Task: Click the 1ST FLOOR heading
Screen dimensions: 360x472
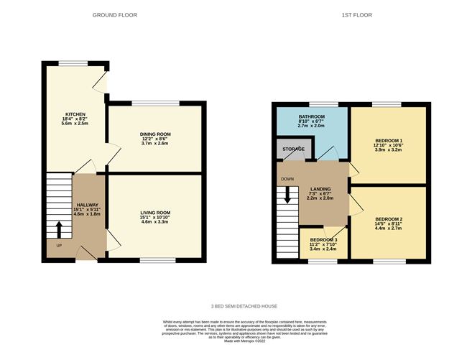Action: [x=357, y=14]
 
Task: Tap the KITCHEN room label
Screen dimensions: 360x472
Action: [x=75, y=114]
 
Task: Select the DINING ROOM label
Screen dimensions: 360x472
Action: [x=155, y=134]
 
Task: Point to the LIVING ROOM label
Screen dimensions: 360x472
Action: [x=155, y=212]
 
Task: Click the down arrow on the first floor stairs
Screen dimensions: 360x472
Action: [x=287, y=195]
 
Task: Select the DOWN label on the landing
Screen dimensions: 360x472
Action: [x=287, y=180]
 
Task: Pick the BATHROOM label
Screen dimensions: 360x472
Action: [x=312, y=116]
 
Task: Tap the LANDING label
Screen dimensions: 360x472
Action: [x=320, y=188]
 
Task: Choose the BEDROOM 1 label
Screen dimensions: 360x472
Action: [x=389, y=140]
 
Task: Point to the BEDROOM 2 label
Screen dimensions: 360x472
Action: [x=389, y=218]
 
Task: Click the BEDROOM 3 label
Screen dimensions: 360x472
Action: [x=323, y=239]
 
